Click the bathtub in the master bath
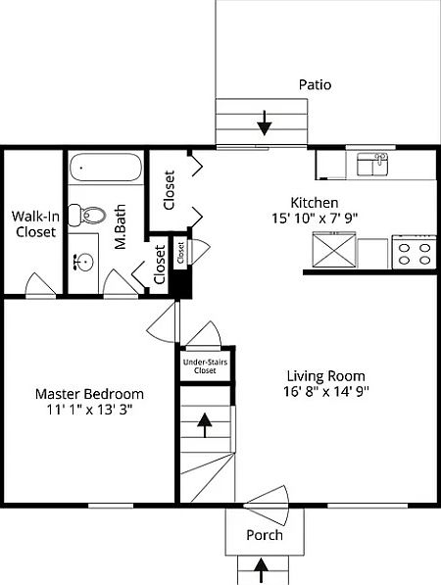click(105, 168)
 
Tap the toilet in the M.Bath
click(86, 215)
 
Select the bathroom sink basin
click(84, 262)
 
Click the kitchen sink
click(372, 165)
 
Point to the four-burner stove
click(415, 252)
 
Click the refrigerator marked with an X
click(334, 249)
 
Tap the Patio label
click(315, 84)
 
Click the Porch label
click(265, 535)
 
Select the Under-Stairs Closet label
click(205, 366)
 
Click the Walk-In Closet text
click(35, 223)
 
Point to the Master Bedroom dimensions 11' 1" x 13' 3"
click(89, 410)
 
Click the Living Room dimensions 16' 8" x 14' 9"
click(326, 391)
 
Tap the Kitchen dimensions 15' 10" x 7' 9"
click(315, 218)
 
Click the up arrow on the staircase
click(205, 424)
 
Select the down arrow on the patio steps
click(265, 123)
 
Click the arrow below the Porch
click(261, 571)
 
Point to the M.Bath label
click(121, 226)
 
